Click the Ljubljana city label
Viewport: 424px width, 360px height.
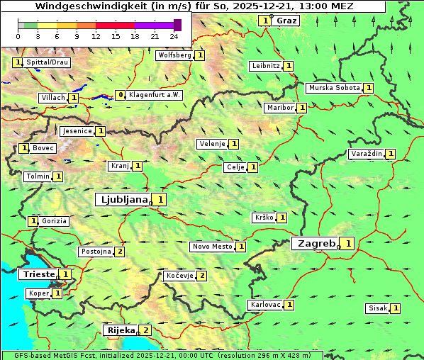122,200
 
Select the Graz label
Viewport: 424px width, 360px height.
287,21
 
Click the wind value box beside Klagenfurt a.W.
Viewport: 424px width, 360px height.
121,95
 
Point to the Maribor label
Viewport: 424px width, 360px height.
279,108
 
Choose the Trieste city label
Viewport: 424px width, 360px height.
38,274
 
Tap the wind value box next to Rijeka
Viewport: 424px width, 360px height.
146,330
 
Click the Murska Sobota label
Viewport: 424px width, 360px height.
334,88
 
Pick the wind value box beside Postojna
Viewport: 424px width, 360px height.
120,252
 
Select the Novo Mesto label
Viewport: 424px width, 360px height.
212,247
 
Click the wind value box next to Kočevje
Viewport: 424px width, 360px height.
202,276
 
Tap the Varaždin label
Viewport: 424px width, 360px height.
366,154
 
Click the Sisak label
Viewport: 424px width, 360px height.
377,308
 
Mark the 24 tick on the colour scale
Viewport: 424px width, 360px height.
174,36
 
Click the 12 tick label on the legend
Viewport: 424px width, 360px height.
96,36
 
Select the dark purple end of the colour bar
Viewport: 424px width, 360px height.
177,25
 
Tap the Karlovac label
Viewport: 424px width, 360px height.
266,305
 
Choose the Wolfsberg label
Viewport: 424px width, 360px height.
174,55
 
